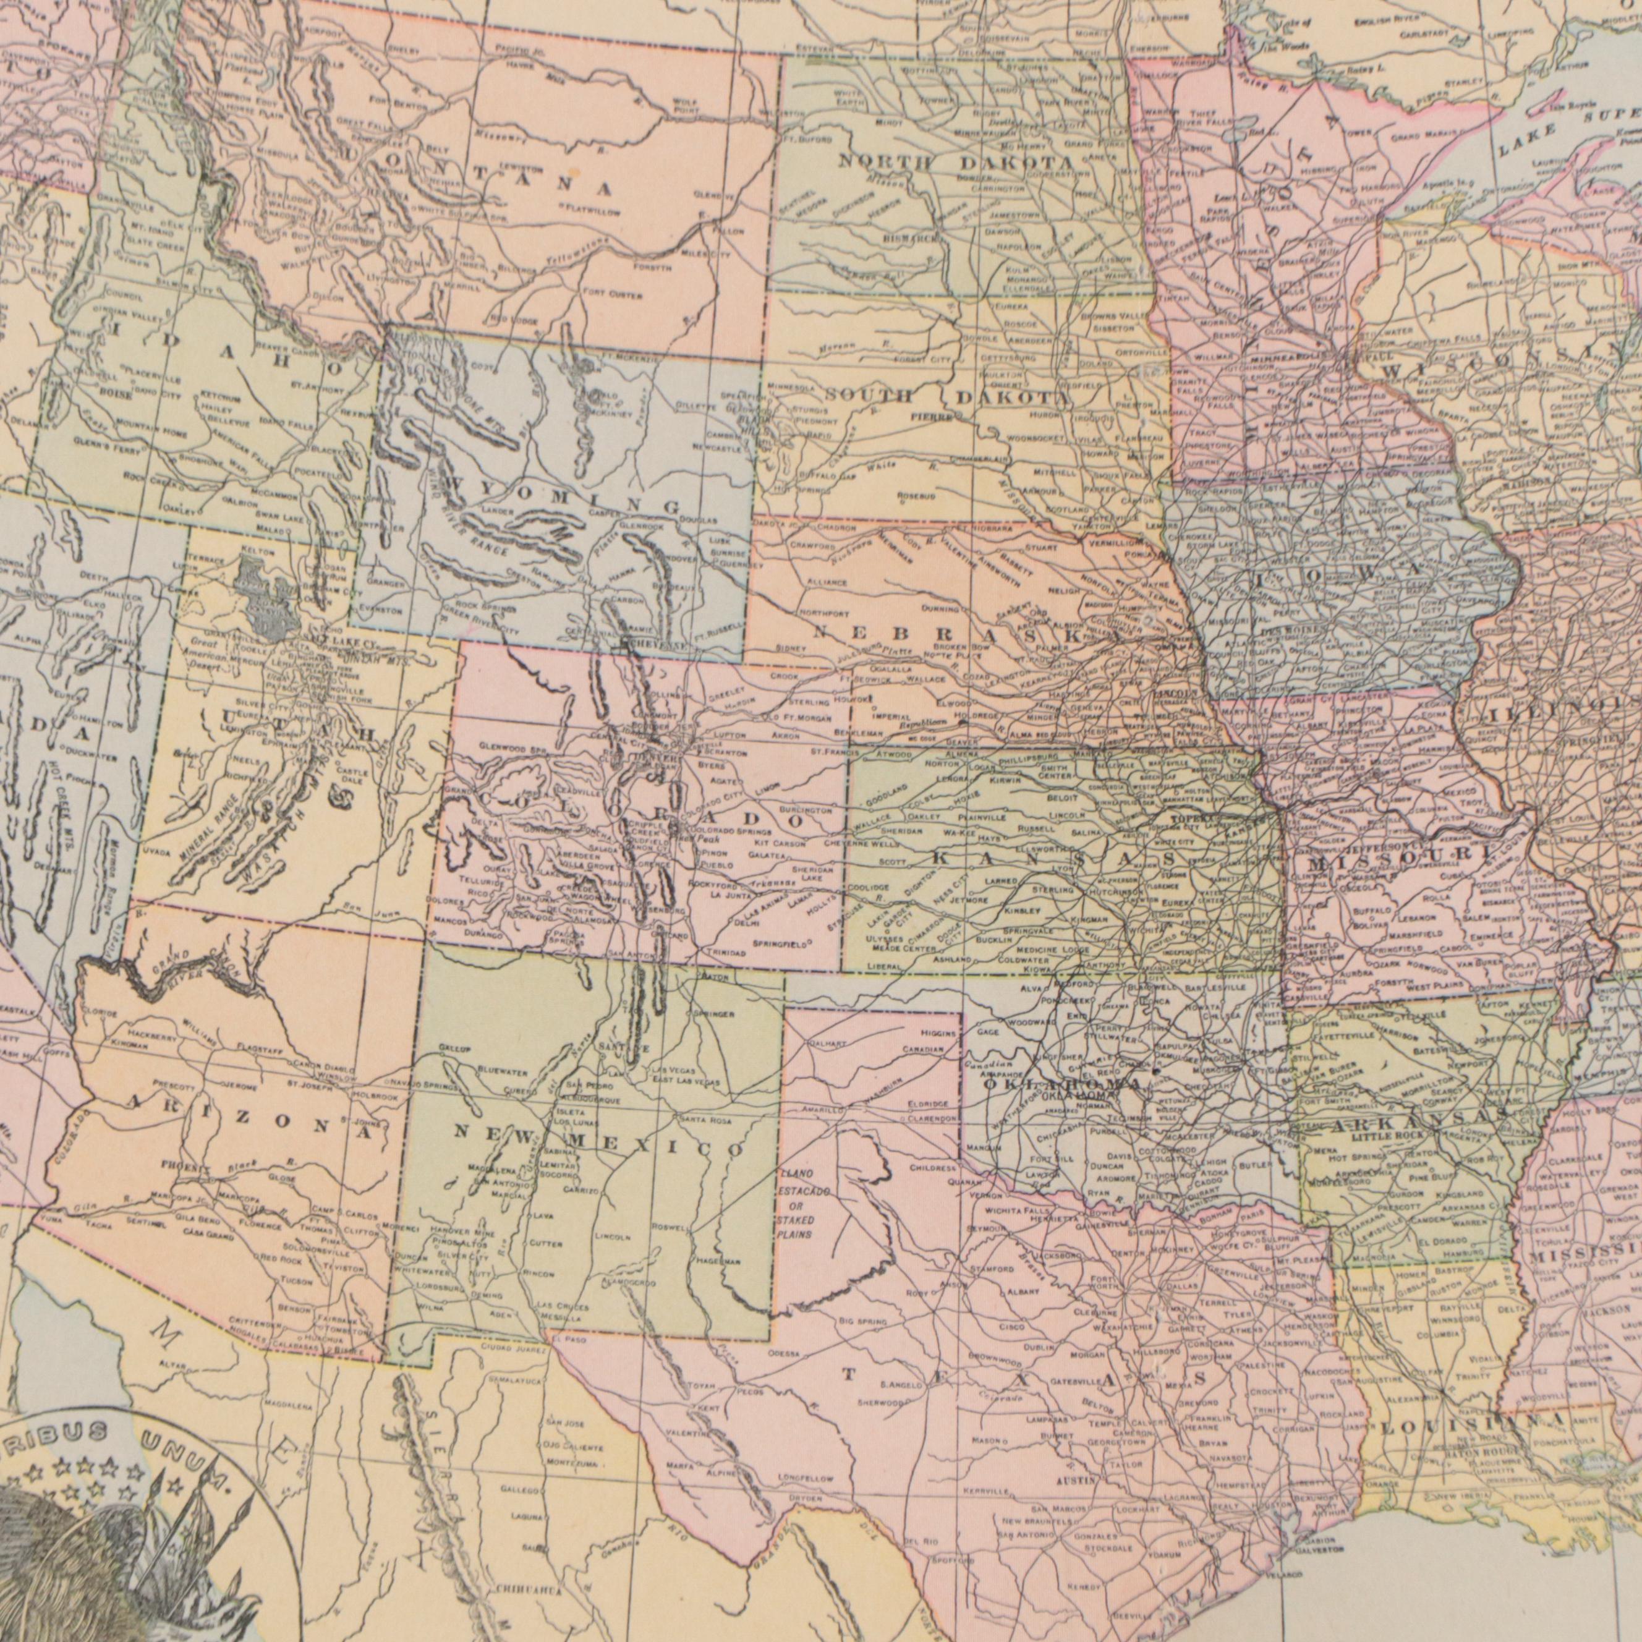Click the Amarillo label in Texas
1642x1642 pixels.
tap(821, 1110)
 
